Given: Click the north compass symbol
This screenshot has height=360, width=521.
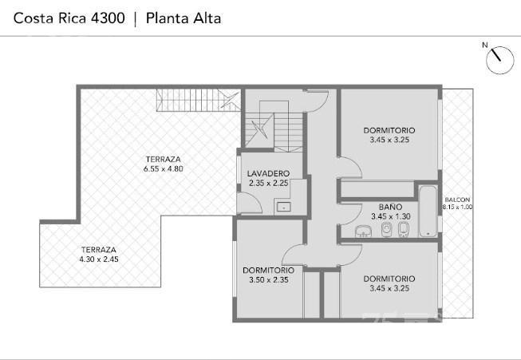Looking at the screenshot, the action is (x=499, y=60).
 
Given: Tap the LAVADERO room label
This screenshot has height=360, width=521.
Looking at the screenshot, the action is (x=268, y=173).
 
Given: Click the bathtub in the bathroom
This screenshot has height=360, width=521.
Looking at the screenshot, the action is (x=428, y=211).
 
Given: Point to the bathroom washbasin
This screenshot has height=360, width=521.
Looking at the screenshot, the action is (x=364, y=231).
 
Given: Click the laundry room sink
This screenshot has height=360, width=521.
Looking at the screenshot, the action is (x=284, y=207).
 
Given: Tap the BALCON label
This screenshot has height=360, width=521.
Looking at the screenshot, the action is (x=457, y=200).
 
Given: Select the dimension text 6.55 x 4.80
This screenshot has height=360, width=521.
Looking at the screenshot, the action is (x=163, y=169).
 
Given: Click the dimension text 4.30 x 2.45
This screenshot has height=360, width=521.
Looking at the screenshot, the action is (x=99, y=259).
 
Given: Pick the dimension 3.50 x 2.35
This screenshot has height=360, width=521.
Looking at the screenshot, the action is (x=268, y=280).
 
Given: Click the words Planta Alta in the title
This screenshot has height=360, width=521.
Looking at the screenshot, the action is (x=184, y=18).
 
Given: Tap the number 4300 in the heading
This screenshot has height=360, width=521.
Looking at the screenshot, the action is (x=108, y=18).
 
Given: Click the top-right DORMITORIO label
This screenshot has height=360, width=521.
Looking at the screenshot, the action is (x=389, y=130).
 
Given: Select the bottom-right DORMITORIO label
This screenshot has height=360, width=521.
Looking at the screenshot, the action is (x=389, y=279).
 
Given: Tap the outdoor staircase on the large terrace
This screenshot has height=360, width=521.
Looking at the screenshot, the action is (x=199, y=100).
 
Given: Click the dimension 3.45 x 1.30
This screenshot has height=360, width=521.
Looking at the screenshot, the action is (x=390, y=216).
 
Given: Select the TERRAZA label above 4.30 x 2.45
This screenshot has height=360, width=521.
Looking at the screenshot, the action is (x=99, y=250).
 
